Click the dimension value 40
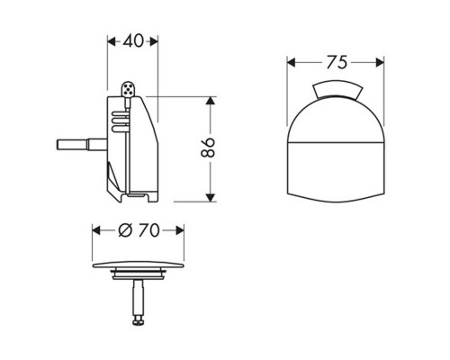133,40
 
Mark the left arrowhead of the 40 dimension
111,40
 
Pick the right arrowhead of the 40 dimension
155,40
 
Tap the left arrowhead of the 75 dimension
292,62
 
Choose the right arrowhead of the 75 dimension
373,62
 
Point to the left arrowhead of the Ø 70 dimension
97,231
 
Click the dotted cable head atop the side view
127,89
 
